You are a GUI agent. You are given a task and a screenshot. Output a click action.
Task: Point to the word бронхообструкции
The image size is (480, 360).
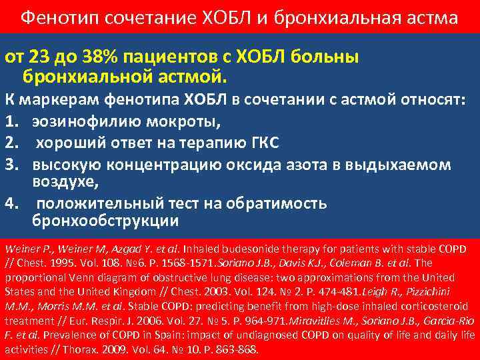(105, 220)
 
